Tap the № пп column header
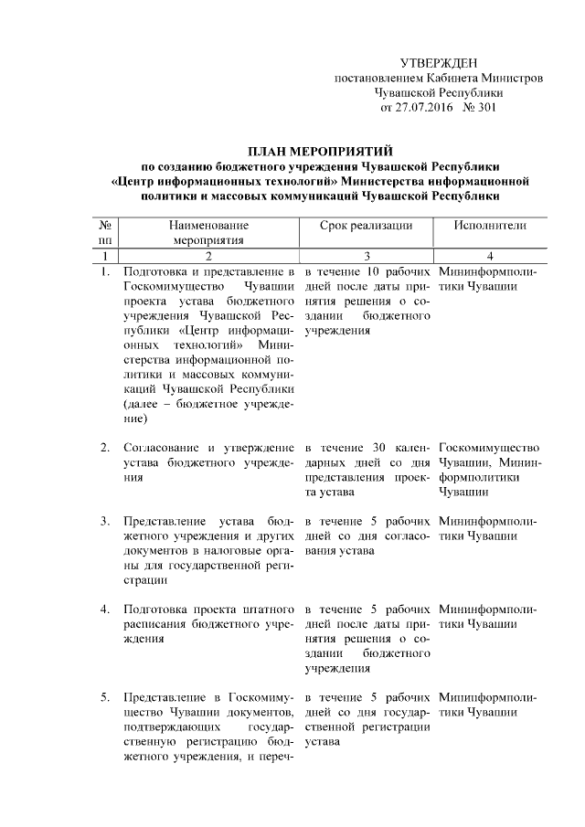point(106,232)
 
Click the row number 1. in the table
point(106,271)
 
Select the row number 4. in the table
point(106,609)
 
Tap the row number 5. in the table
point(106,696)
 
